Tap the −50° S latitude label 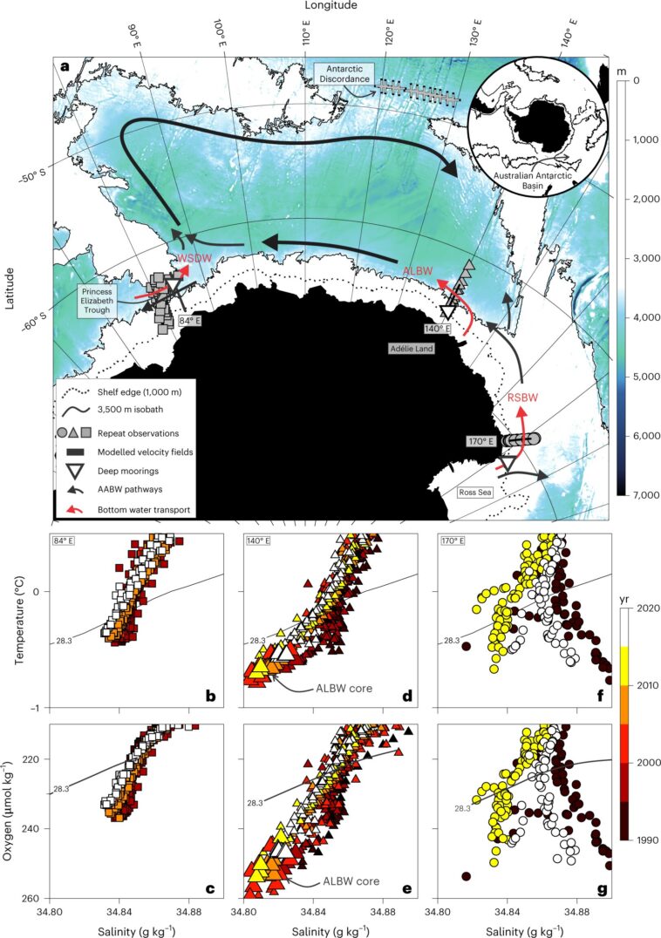(x=35, y=177)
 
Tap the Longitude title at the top (x=331, y=6)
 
